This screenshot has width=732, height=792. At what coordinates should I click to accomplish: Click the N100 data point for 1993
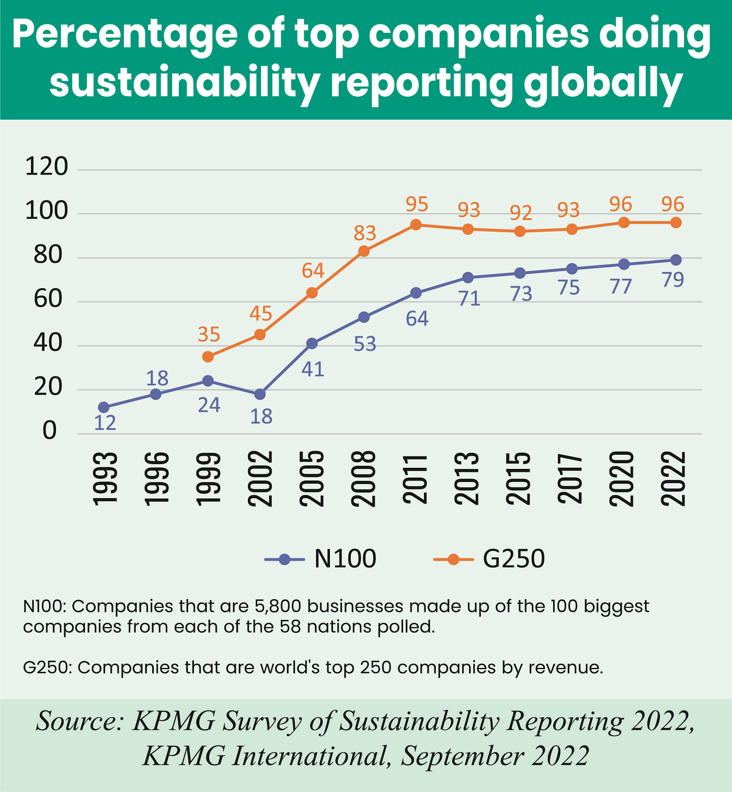pyautogui.click(x=104, y=407)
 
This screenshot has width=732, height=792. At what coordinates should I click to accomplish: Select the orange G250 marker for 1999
pyautogui.click(x=208, y=357)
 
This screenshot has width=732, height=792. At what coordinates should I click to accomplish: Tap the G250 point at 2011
pyautogui.click(x=416, y=225)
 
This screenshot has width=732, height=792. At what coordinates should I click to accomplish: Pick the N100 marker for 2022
pyautogui.click(x=676, y=260)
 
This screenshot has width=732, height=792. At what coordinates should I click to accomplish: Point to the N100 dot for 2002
pyautogui.click(x=260, y=394)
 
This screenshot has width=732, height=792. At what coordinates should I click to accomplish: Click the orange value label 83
pyautogui.click(x=365, y=233)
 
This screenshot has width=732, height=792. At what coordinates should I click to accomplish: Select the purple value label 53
pyautogui.click(x=365, y=344)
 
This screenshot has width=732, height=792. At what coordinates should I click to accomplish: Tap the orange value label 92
pyautogui.click(x=521, y=213)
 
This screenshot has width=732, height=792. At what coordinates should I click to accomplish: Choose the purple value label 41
pyautogui.click(x=313, y=369)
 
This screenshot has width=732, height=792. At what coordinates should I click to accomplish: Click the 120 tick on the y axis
pyautogui.click(x=47, y=167)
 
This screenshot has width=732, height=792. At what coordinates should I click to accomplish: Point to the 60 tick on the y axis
pyautogui.click(x=48, y=300)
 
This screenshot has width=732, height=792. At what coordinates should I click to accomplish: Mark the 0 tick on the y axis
pyautogui.click(x=50, y=431)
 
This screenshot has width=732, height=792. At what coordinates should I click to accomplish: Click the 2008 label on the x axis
pyautogui.click(x=364, y=479)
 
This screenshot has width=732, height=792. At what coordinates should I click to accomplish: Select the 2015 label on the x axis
pyautogui.click(x=520, y=479)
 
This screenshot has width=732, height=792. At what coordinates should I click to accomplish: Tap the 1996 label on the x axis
pyautogui.click(x=156, y=479)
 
